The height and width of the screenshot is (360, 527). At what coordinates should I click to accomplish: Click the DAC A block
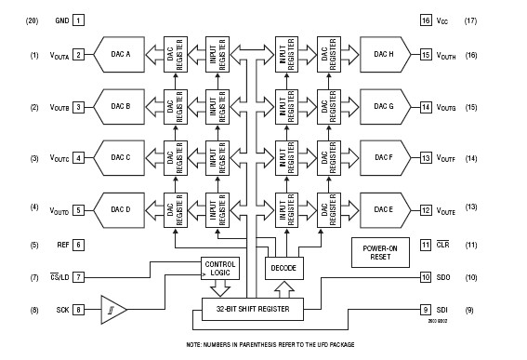(123, 55)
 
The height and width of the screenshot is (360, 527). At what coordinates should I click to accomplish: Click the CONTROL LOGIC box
(220, 269)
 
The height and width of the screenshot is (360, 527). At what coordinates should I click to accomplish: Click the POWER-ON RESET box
(378, 251)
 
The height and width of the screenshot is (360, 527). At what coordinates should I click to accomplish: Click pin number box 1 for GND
(78, 20)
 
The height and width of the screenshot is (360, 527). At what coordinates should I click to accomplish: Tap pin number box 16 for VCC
(426, 20)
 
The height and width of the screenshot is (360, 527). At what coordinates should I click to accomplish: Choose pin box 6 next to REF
(78, 245)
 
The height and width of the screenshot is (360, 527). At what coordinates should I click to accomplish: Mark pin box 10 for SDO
(426, 276)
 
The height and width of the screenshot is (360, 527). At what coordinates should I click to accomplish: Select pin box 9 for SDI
(426, 309)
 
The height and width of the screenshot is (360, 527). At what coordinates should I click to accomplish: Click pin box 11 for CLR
(426, 245)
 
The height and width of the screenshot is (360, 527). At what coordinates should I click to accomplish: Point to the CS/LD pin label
(53, 277)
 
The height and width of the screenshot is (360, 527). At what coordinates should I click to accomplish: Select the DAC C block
(123, 157)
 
